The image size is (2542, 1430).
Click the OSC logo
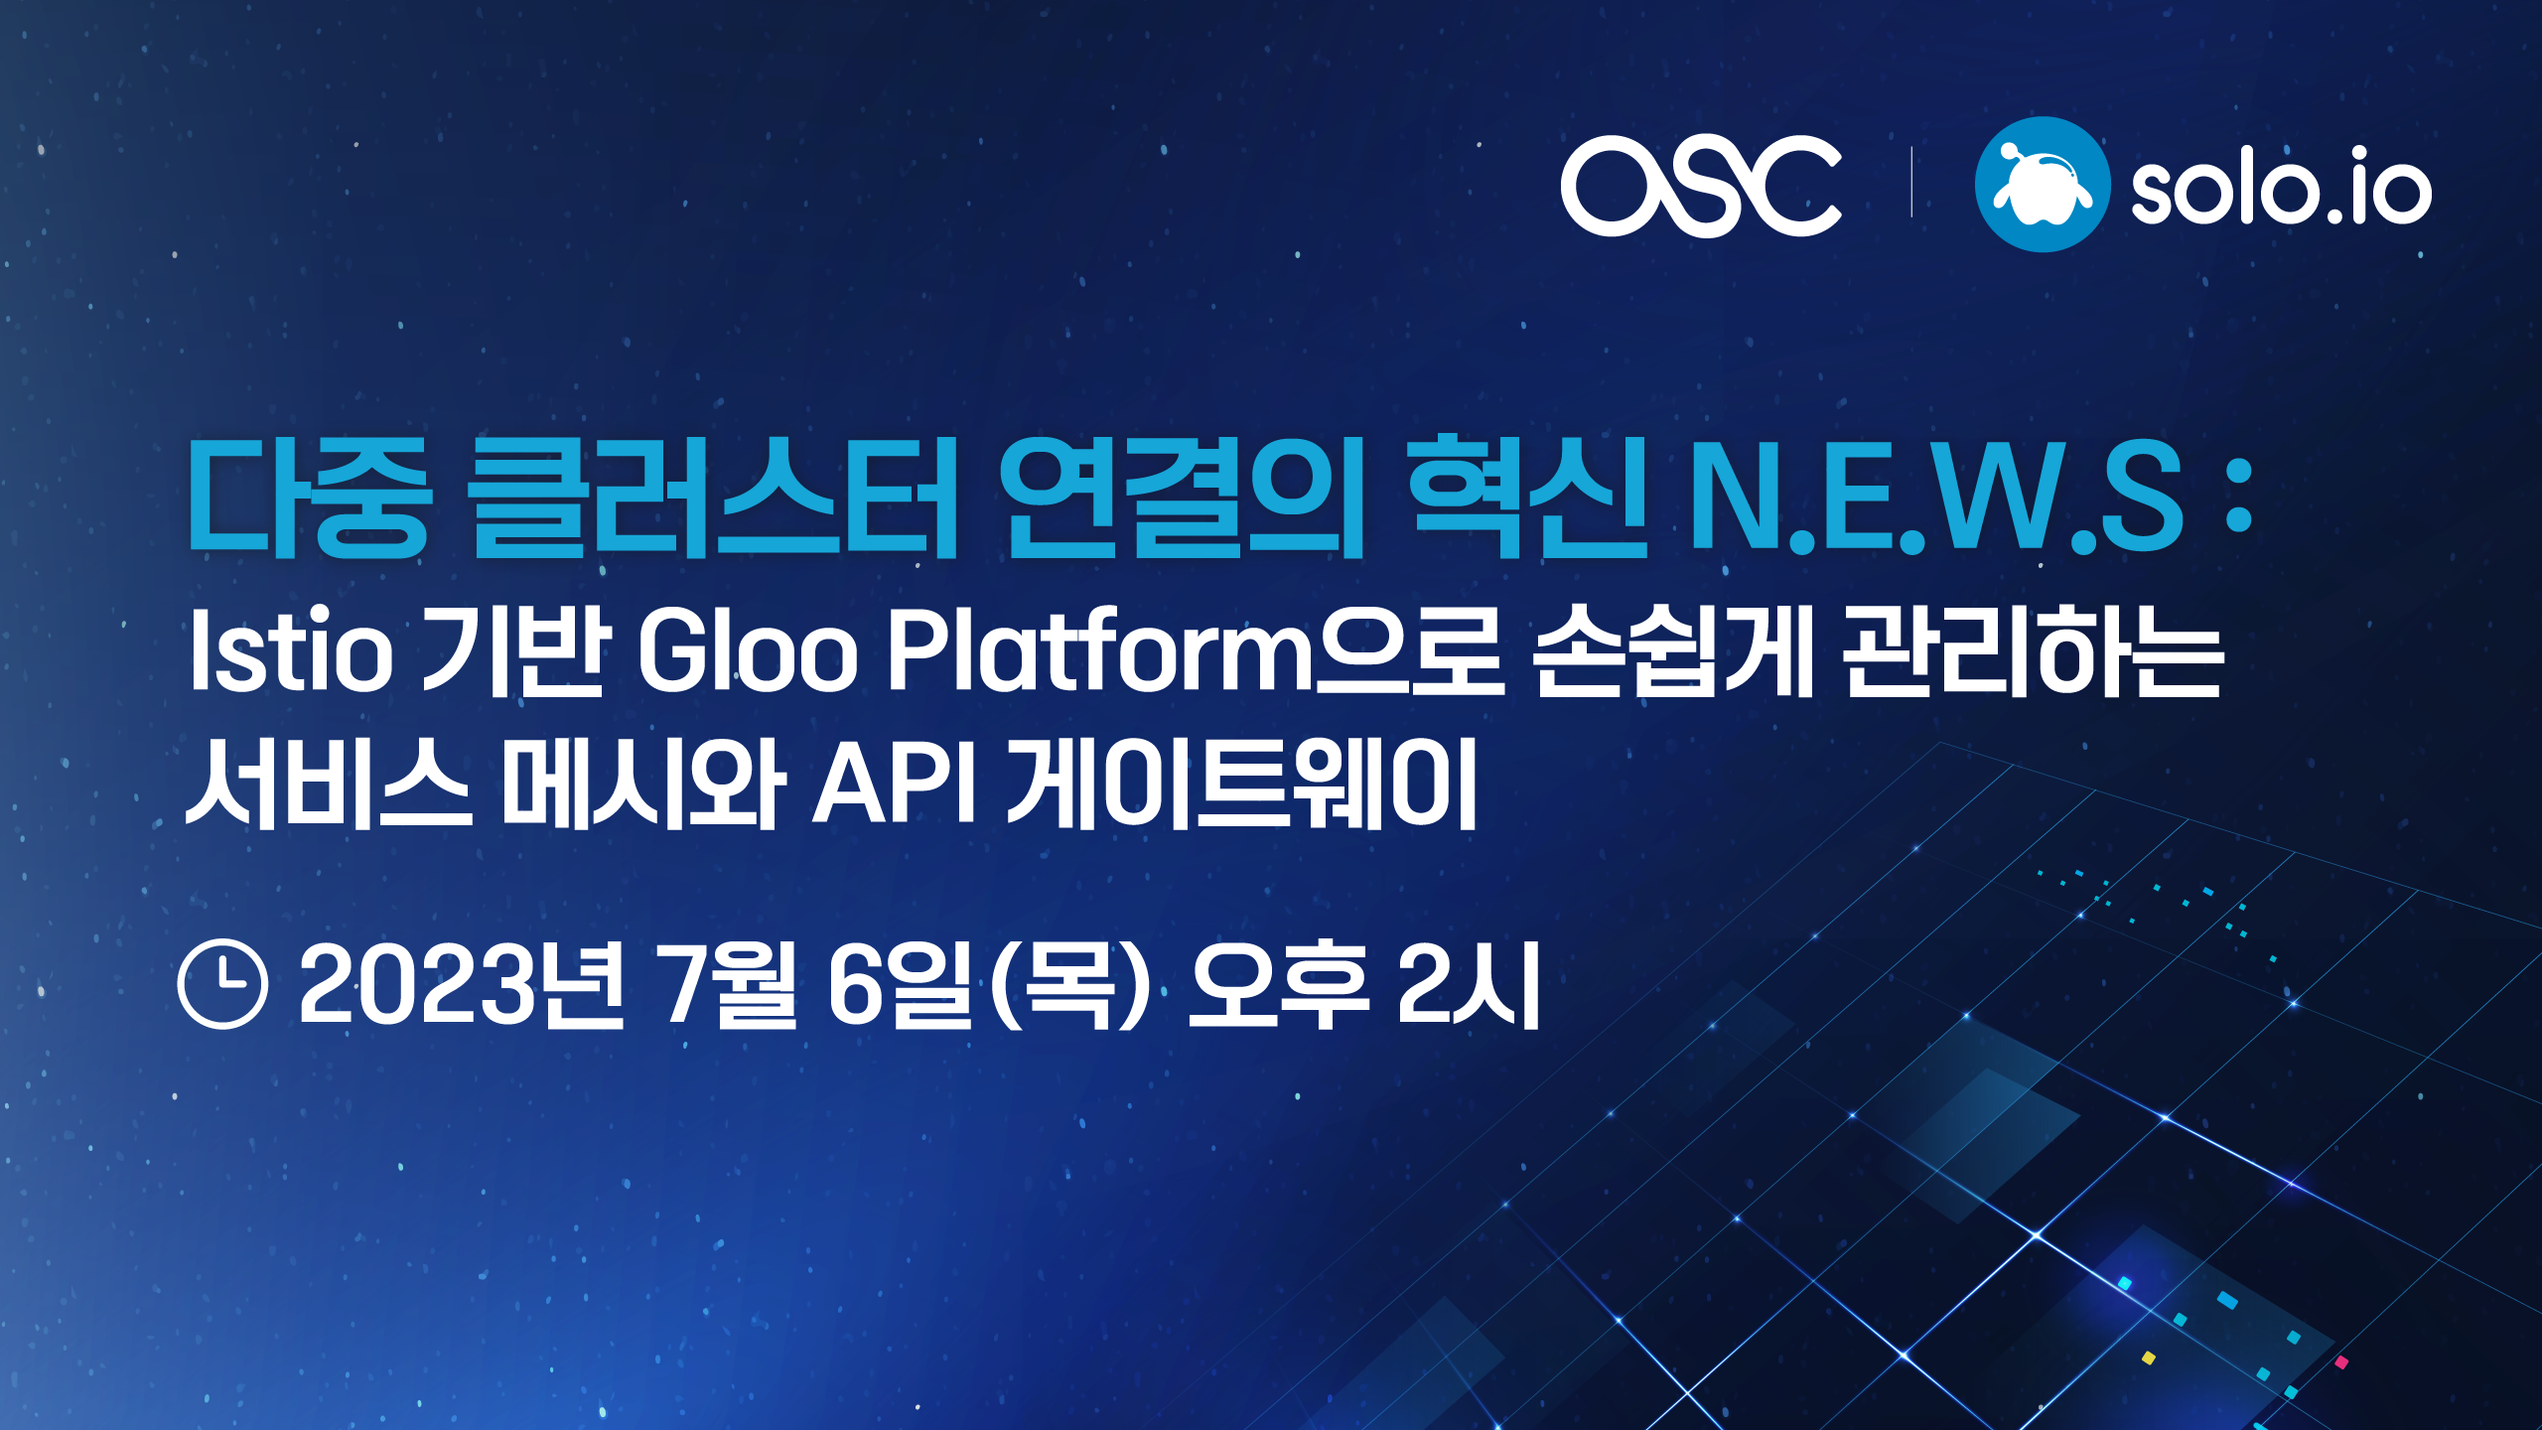(1701, 186)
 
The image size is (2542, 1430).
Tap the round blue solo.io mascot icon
(2043, 185)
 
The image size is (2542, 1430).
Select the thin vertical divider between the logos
(1911, 182)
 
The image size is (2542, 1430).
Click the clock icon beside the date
(222, 983)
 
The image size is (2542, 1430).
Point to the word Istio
(290, 650)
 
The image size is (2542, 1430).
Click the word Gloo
(748, 650)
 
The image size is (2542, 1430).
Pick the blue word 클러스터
(714, 497)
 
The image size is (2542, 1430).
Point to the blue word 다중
(309, 497)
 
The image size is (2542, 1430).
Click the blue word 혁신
(1528, 497)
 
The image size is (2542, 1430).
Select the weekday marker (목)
(1068, 985)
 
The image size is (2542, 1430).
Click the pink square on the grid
(2341, 1362)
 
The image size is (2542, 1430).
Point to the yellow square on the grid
(2149, 1358)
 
